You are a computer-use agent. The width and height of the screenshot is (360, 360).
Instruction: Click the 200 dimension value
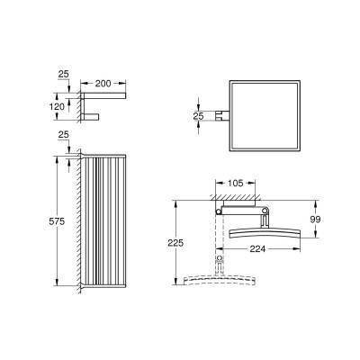[103, 84]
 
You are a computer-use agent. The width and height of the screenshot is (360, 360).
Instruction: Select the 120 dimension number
[57, 106]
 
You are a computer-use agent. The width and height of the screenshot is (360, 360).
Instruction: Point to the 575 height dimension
[57, 221]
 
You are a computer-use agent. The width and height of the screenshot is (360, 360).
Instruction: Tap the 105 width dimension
[236, 183]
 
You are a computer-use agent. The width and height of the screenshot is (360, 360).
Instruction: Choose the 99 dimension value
[315, 220]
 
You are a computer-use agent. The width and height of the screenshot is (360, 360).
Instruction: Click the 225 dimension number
[175, 243]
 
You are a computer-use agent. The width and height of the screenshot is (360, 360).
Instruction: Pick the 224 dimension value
[257, 248]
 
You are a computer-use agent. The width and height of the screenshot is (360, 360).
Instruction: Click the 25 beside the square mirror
[198, 116]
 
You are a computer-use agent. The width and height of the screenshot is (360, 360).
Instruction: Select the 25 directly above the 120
[63, 74]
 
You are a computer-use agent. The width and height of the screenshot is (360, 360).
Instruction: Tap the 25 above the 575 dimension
[63, 135]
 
